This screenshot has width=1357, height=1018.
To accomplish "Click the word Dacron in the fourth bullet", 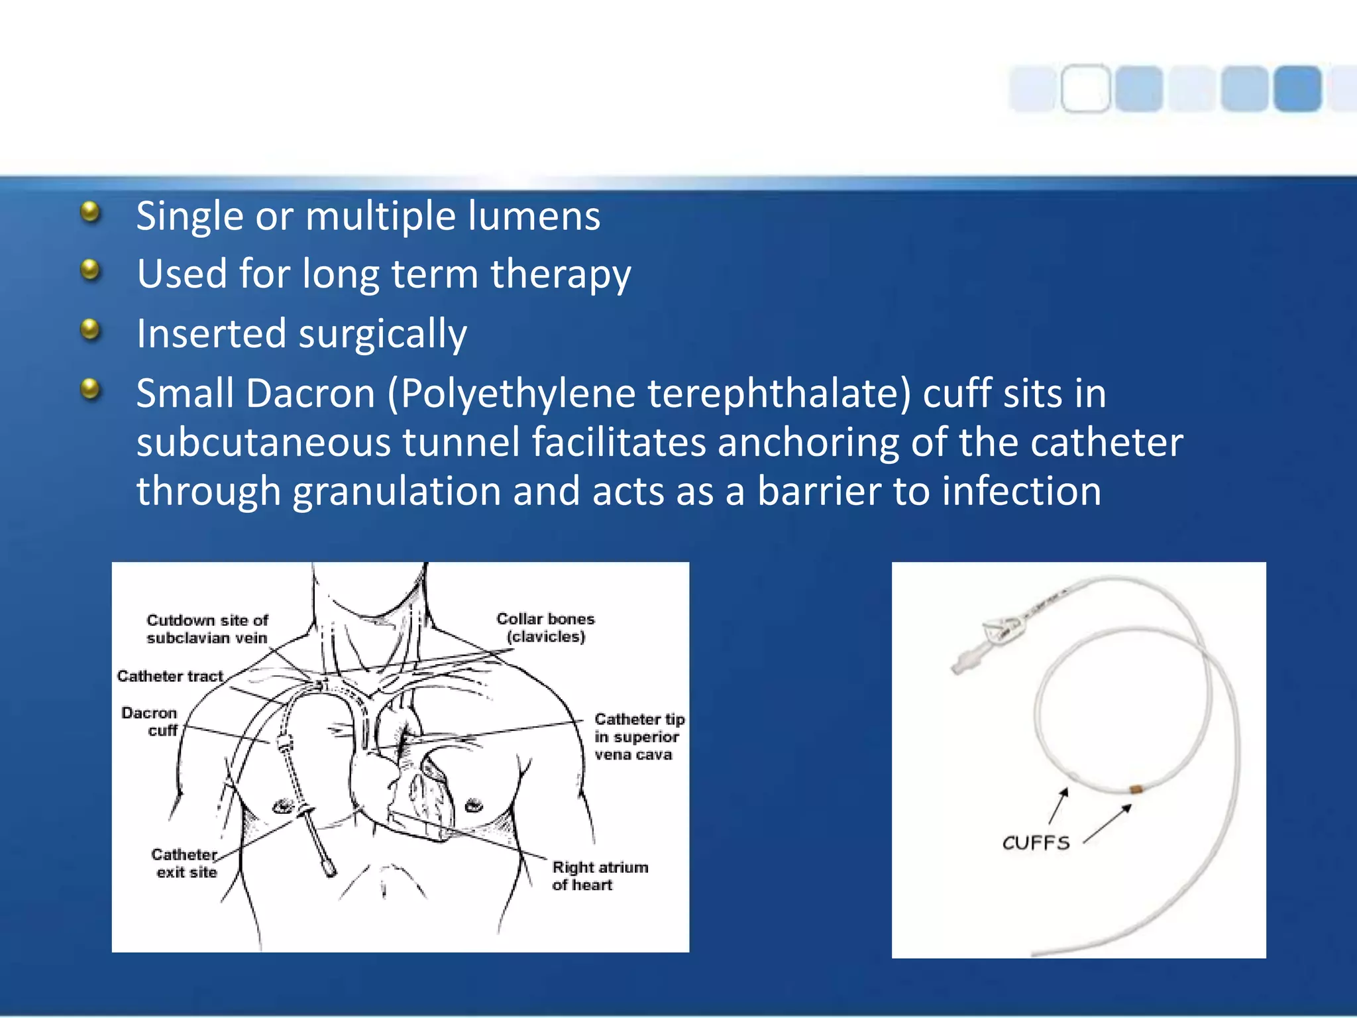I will pos(310,394).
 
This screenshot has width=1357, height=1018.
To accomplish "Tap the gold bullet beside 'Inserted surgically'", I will pos(90,329).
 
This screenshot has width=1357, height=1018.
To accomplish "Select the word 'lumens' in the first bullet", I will pos(533,216).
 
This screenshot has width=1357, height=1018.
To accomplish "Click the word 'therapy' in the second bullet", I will pos(561,274).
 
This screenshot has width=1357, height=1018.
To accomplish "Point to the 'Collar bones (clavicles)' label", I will pos(545,628).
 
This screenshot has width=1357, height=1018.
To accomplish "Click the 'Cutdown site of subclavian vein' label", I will pos(207,629).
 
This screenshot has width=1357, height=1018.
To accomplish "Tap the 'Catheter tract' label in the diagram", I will pos(170,676).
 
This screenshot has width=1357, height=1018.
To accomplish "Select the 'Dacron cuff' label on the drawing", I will pos(150,721).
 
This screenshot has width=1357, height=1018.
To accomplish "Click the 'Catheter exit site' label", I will pos(185,863).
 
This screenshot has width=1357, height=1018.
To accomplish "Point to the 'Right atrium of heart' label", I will pos(599,876).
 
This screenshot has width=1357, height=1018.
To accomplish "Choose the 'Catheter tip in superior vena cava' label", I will pos(637,736).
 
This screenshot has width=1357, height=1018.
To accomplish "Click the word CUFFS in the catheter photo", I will pos(1036,843).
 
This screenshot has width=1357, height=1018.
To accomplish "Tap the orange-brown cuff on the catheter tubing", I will pos(1136,789).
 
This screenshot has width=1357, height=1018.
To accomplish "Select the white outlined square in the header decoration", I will pos(1085,88).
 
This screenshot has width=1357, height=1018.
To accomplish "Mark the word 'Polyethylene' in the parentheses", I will pos(518,394).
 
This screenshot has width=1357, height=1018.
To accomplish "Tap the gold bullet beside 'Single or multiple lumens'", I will pos(90,212).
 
